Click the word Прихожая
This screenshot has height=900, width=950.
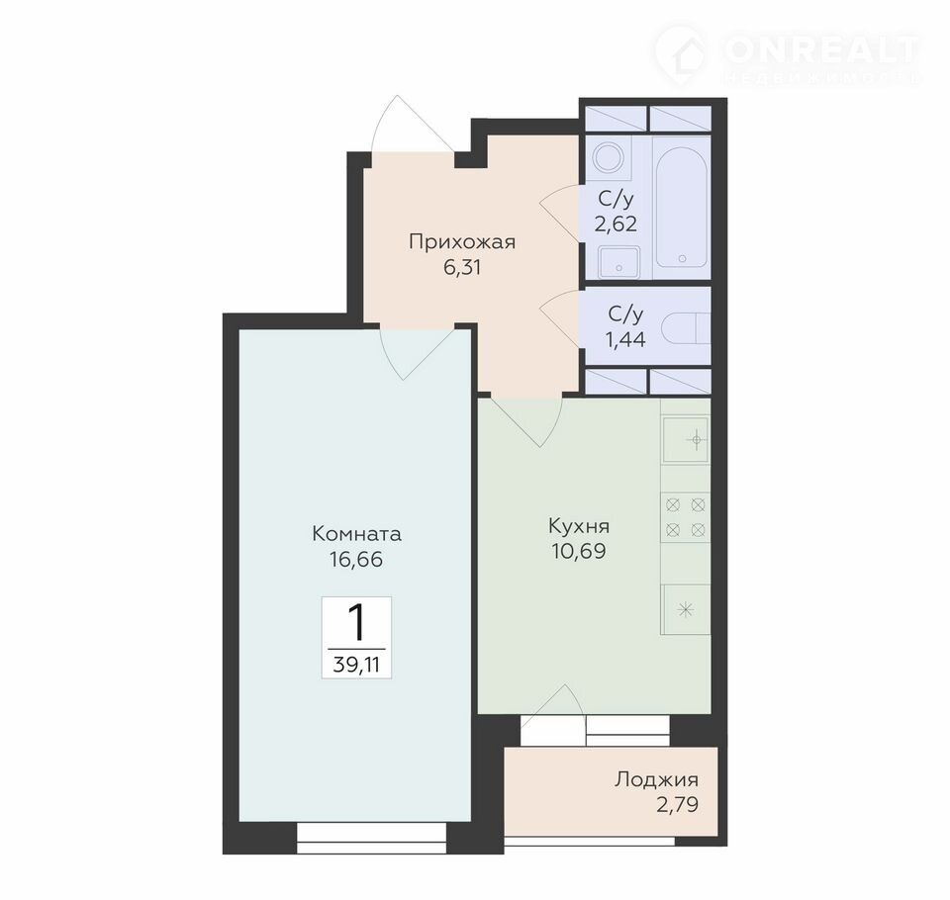coord(462,242)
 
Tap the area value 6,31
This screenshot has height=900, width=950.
coord(462,267)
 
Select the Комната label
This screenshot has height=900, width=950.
coord(356,534)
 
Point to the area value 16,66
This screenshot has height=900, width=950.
coord(356,559)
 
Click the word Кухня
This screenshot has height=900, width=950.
coord(579,526)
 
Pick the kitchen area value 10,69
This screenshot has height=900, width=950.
coord(579,551)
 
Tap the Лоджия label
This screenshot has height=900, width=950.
coord(656,779)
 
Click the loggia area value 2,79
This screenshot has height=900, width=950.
coord(677,805)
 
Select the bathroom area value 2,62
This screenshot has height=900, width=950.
coord(616,225)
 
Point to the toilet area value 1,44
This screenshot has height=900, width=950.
coord(625,340)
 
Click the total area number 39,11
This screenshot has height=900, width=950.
coord(356,665)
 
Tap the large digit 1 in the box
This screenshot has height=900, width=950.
coord(357,623)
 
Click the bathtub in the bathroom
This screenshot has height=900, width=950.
coord(682,208)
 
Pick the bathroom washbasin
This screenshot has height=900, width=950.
coord(618,262)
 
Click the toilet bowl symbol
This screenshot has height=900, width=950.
coord(685,330)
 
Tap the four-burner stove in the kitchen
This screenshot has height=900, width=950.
coord(685,517)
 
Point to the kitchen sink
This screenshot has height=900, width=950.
coord(686,439)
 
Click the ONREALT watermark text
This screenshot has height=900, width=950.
coord(821,50)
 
